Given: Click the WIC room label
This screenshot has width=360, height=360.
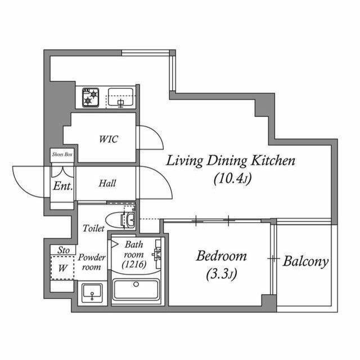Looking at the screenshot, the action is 109,139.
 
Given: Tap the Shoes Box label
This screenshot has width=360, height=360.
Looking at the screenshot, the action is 62,154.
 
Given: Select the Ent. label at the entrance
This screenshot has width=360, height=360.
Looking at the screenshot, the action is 63,186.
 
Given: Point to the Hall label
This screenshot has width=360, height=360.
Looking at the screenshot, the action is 107,183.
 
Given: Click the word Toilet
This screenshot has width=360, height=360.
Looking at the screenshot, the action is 94,228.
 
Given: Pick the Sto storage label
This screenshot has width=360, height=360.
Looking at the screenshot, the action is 64,250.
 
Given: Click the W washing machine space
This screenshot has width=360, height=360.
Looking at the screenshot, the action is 62,268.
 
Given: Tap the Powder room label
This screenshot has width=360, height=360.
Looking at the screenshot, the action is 92,262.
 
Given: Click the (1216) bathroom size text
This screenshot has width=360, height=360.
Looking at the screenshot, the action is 134,264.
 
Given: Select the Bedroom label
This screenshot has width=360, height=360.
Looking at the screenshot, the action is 221,256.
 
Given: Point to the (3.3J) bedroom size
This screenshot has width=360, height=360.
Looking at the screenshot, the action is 221,274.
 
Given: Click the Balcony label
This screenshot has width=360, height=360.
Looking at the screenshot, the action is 305,261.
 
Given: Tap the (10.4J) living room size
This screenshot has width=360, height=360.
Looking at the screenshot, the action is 232,178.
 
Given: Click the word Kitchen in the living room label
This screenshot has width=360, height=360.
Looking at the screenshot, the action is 273,160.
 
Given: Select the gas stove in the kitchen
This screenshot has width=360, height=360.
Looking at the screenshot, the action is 91,97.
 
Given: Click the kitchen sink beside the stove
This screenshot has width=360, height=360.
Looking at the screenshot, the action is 120,97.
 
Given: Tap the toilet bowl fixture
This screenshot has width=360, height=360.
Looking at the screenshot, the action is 120,220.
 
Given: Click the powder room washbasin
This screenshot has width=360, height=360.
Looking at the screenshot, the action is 92,292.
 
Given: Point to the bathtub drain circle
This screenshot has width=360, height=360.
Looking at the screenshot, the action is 136,285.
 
